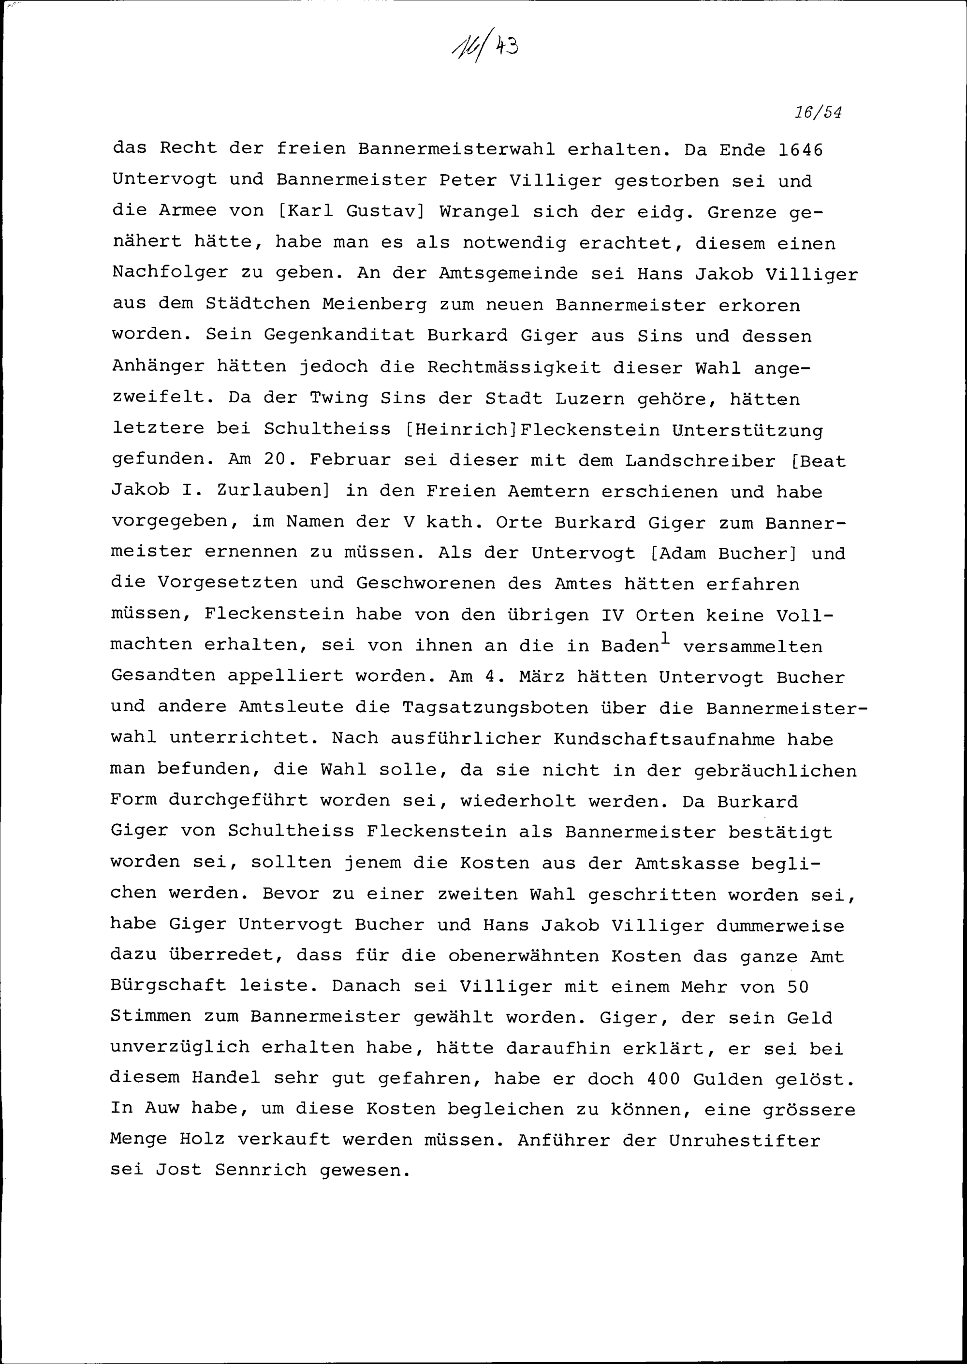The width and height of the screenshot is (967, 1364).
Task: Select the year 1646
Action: (800, 149)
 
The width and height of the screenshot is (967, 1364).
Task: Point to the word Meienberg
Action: (375, 304)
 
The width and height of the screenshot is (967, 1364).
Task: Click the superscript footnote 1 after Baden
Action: (666, 638)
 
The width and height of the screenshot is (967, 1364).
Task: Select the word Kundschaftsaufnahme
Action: (664, 739)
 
